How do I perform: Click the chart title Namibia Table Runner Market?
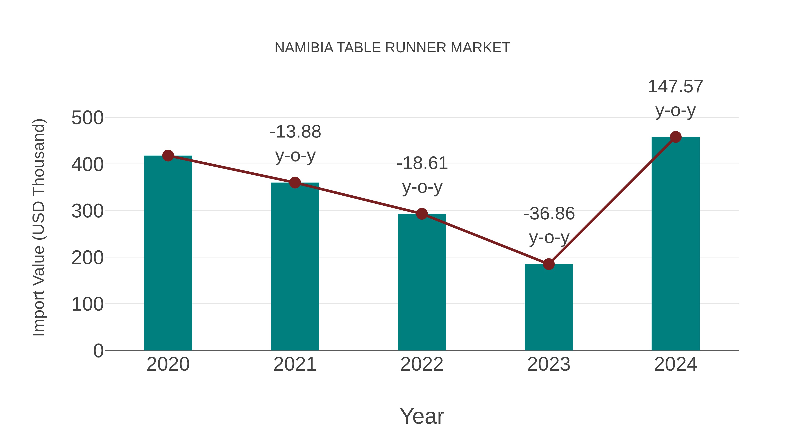pos(392,48)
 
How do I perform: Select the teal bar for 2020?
pos(168,253)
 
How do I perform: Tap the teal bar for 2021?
pos(295,267)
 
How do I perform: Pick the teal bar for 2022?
pos(422,282)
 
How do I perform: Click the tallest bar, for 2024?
pos(676,244)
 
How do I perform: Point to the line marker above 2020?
pos(168,156)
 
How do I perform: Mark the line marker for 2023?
pos(549,264)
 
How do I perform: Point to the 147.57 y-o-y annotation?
pos(676,98)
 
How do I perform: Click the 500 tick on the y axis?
pos(87,118)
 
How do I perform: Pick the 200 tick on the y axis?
pos(87,258)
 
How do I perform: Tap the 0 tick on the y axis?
pos(98,351)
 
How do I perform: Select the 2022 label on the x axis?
pos(422,365)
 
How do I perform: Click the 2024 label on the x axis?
pos(676,365)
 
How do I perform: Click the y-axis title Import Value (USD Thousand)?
pos(39,227)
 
